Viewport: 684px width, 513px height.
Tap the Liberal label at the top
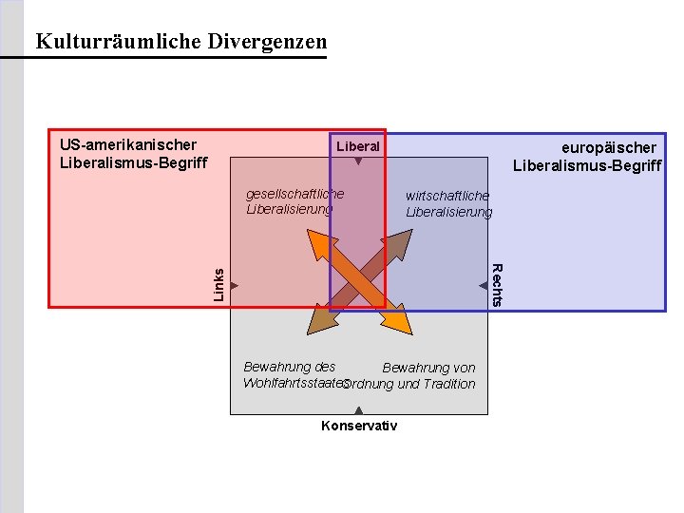tap(358, 146)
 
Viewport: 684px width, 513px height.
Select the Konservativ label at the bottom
tap(359, 426)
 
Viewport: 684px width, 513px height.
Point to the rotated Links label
tap(218, 285)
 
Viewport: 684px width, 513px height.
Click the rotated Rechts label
tap(496, 284)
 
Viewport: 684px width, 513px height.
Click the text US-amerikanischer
tap(127, 144)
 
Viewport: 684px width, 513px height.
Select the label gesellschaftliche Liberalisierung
tap(294, 201)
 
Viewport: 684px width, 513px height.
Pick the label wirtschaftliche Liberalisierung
tap(448, 203)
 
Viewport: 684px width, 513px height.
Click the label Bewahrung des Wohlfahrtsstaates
tap(291, 375)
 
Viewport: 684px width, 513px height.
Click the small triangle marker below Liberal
tap(358, 162)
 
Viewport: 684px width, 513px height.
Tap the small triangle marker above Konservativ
tap(358, 410)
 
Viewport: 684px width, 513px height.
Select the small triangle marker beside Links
tap(234, 285)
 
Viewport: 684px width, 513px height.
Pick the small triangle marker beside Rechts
tap(483, 285)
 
